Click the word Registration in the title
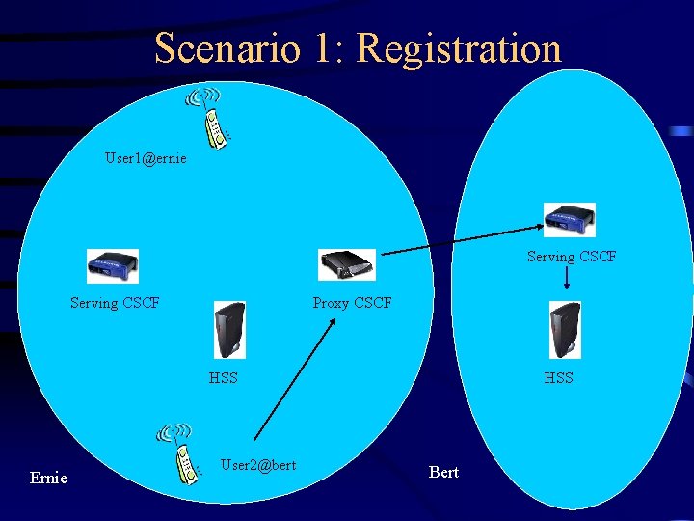coord(459,48)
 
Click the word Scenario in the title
coord(227,48)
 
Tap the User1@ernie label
coord(146,157)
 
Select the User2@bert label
coord(257,465)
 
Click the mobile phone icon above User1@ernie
coord(209,114)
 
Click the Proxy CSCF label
coord(352,302)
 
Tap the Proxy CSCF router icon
coord(347,263)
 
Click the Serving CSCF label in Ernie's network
coord(115,302)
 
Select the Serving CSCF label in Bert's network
coord(571,257)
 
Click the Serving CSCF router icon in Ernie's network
coord(113,265)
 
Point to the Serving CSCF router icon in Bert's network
coord(569,220)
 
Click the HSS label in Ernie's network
coord(224,377)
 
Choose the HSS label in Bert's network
coord(558,377)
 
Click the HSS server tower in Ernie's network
coord(229,330)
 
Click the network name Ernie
coord(48,478)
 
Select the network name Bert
coord(443,472)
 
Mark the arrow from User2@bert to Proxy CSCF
coord(294,380)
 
